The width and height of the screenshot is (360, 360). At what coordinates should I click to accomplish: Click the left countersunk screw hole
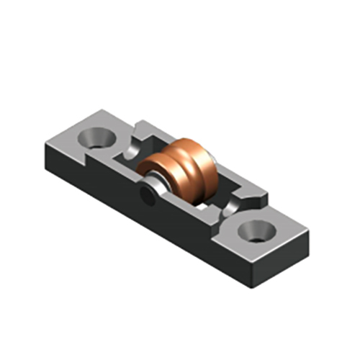[x=95, y=136]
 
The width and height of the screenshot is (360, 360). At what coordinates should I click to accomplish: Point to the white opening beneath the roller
[x=209, y=199]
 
